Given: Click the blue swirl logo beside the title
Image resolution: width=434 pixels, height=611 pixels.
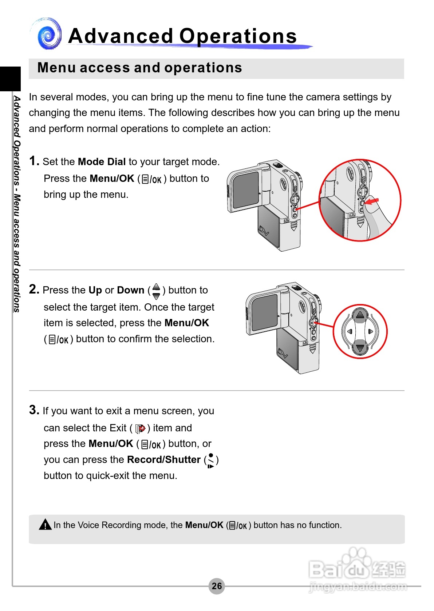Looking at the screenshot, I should coord(49,35).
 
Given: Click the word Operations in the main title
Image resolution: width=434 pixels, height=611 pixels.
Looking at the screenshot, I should coord(238,36).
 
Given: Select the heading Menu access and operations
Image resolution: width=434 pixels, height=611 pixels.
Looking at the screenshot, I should coord(139,68).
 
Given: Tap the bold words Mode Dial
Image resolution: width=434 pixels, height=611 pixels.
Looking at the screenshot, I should coord(102,162).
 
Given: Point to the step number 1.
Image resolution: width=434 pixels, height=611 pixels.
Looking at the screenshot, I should coord(33,161).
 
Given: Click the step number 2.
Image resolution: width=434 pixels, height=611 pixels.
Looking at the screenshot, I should coord(33,289).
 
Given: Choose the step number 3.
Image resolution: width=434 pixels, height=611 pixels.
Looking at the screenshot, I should coord(33,410).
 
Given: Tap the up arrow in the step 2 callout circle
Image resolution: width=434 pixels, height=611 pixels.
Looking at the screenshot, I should coord(360,315).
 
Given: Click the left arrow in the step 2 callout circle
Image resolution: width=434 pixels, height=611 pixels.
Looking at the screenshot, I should coord(350,331).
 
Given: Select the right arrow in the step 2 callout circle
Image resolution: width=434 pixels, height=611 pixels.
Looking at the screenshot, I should coord(371,331).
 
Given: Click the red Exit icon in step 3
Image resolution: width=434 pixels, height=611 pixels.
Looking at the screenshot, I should coord(140,429).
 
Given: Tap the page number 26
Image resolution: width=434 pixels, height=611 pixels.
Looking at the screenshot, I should coord(217,586).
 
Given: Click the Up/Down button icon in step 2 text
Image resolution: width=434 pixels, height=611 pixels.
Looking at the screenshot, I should coord(156,291).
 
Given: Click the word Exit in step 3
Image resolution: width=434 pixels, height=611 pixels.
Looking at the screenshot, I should coord(118,428).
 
